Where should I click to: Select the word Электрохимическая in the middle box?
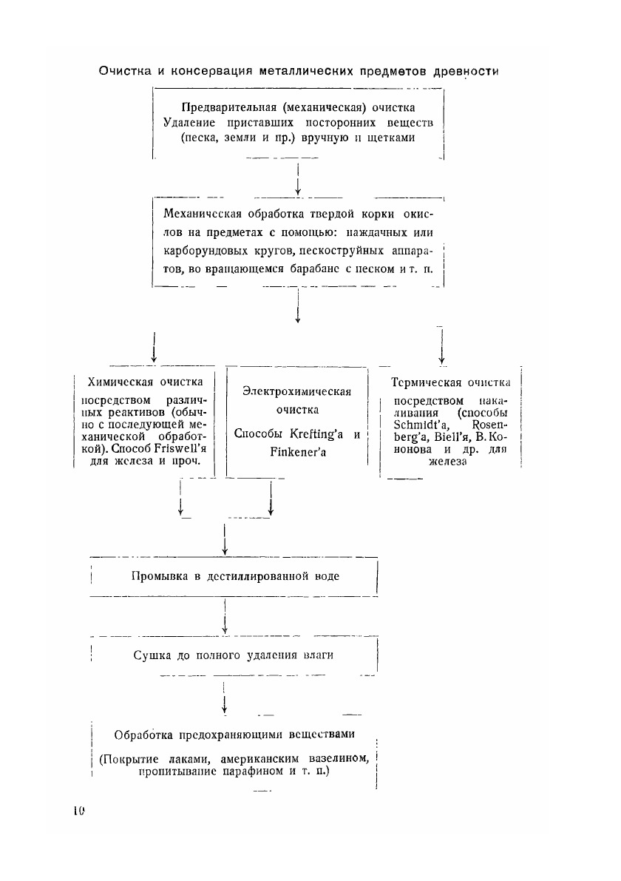(296, 391)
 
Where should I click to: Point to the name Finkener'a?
(297, 451)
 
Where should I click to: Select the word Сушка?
(152, 655)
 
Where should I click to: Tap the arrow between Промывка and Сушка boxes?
(224, 615)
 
